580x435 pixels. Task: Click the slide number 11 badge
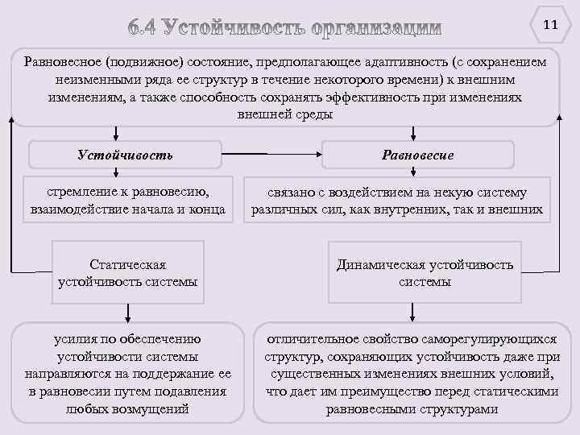click(550, 24)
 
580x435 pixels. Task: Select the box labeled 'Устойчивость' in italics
click(125, 155)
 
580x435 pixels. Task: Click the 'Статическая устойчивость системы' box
click(128, 273)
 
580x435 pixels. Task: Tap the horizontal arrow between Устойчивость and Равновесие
click(272, 154)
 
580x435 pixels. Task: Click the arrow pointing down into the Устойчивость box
click(118, 135)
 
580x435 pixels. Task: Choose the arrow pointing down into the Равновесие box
click(413, 135)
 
